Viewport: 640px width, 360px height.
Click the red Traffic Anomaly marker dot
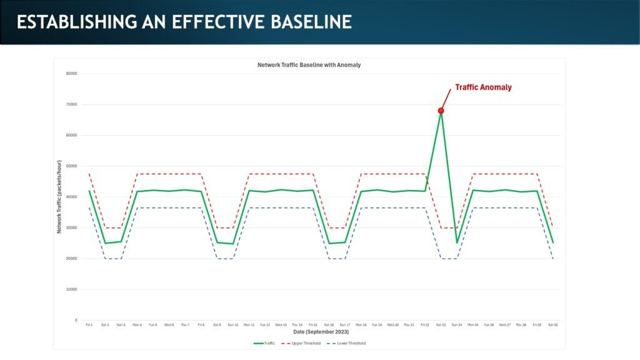coord(441,111)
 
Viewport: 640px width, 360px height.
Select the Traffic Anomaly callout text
coord(482,87)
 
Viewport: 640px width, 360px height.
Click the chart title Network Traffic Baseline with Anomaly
coord(309,65)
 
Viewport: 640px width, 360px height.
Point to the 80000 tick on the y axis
coord(71,74)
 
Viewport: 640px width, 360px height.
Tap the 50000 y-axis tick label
coord(71,166)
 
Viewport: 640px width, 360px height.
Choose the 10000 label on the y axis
coord(71,289)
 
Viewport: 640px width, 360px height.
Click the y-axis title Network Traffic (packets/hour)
coord(59,197)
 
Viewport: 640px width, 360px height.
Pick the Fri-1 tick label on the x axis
coord(89,325)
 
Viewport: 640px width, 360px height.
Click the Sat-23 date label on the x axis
coord(441,325)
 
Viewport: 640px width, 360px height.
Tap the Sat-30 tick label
coord(552,325)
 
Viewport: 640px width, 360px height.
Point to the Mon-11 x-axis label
coord(249,325)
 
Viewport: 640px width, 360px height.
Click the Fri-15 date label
coord(312,325)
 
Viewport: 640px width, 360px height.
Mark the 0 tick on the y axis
coord(75,321)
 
